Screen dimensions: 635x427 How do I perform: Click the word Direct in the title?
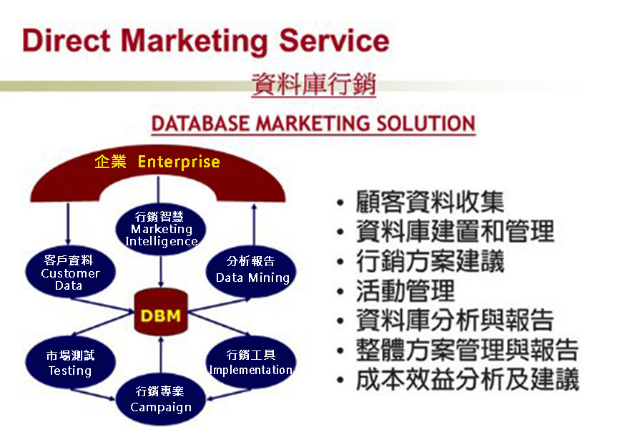point(66,40)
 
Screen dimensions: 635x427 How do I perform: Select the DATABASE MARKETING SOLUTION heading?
point(313,124)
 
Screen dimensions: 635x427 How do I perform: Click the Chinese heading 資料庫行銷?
point(314,84)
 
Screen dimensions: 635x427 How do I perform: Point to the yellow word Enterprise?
point(179,162)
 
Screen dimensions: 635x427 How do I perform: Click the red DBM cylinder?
point(161,312)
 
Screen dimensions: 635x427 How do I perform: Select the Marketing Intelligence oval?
point(161,229)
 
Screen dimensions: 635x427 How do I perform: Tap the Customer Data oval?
point(70,271)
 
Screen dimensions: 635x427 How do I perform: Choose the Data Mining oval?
point(251,270)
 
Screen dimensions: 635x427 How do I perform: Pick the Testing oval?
point(70,362)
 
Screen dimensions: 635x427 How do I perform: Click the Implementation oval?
point(251,361)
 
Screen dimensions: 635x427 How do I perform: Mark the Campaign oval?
point(161,399)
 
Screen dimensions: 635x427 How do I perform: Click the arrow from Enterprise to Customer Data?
point(68,224)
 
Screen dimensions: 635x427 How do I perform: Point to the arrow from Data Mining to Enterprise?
point(254,225)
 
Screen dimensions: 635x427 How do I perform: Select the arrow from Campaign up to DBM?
point(161,355)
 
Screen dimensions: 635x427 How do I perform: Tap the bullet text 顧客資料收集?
point(430,202)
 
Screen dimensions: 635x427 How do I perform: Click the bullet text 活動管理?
point(405,290)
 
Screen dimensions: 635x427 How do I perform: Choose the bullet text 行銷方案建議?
point(430,261)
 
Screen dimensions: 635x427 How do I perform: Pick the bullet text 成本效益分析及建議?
point(468,379)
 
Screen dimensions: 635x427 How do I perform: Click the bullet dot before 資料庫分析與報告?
point(340,321)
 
